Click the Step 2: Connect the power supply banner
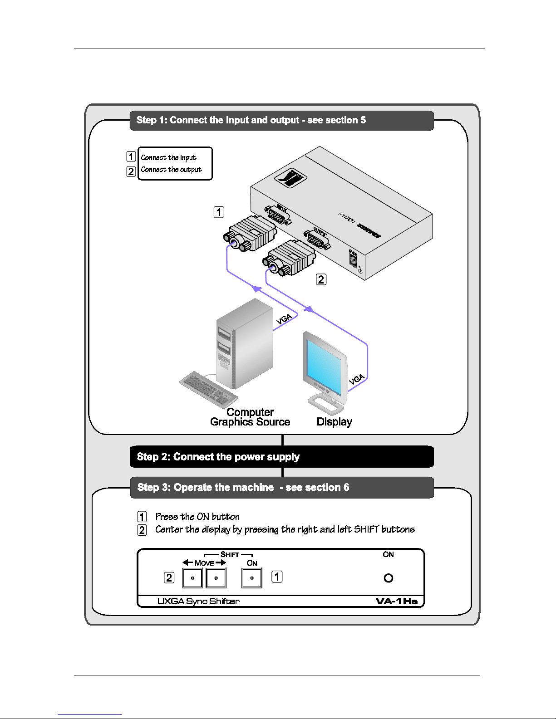tap(281, 456)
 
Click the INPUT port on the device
tap(277, 215)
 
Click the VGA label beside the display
tap(357, 379)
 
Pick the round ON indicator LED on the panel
tap(388, 578)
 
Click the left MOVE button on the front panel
tap(192, 578)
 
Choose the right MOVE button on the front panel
tap(216, 578)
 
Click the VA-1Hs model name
tap(396, 601)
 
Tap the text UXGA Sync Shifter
tap(198, 601)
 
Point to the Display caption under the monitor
tap(334, 422)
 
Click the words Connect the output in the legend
tap(171, 170)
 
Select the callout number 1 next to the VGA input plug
tap(219, 212)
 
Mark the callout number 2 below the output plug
tap(321, 279)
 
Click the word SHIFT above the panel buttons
tap(230, 554)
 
